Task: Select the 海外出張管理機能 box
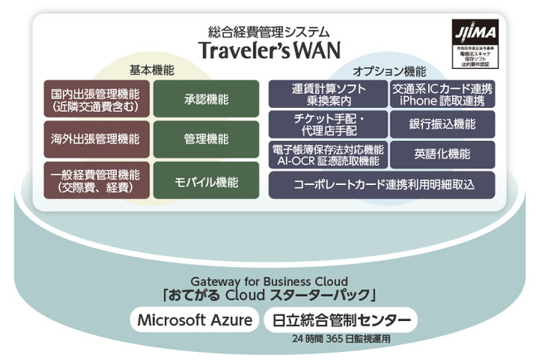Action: tap(96, 139)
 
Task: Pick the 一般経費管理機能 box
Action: tap(96, 180)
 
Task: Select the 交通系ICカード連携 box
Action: tap(442, 95)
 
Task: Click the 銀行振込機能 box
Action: tap(442, 124)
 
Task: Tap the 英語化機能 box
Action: tap(442, 154)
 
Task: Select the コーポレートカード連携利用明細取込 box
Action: tap(382, 184)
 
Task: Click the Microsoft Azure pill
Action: tap(194, 320)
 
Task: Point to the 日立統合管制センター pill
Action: tap(340, 320)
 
